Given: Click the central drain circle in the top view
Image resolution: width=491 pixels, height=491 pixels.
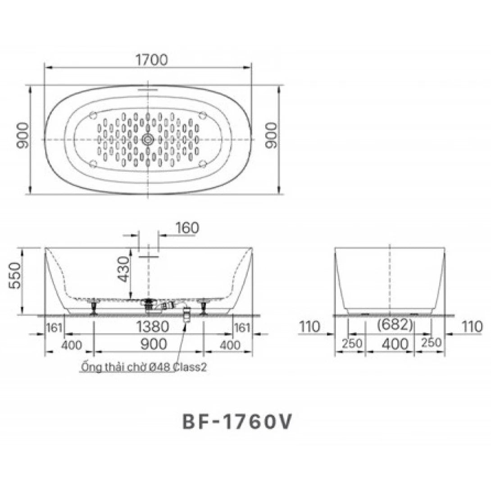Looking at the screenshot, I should tap(148, 140).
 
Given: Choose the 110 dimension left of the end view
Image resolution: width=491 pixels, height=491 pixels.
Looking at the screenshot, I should tap(309, 327).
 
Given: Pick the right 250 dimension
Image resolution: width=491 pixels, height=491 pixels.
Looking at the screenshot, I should tap(432, 343).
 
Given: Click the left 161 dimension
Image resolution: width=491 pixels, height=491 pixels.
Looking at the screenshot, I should tap(54, 328).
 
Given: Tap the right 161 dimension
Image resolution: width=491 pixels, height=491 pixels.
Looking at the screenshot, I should tap(242, 328).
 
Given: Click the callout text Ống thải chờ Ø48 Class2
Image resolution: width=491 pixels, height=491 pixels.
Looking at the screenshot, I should tap(143, 367).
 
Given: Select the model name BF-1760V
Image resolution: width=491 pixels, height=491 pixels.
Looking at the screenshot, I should tap(237, 422).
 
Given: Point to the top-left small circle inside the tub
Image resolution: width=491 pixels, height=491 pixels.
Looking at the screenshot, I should tap(93, 115).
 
